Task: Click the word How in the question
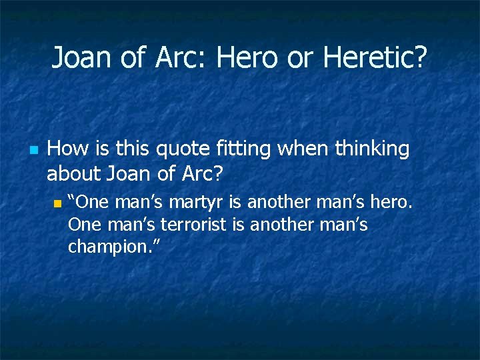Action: click(x=65, y=149)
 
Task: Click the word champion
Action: click(x=109, y=247)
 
